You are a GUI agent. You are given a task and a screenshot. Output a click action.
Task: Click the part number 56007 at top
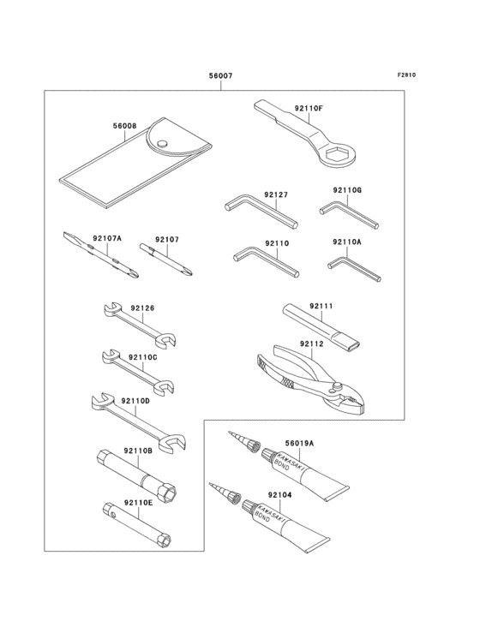pyautogui.click(x=220, y=76)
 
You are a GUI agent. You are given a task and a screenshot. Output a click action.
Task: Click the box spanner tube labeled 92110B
pyautogui.click(x=137, y=472)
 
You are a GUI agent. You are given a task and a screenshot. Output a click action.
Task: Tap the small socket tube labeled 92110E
pyautogui.click(x=137, y=520)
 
